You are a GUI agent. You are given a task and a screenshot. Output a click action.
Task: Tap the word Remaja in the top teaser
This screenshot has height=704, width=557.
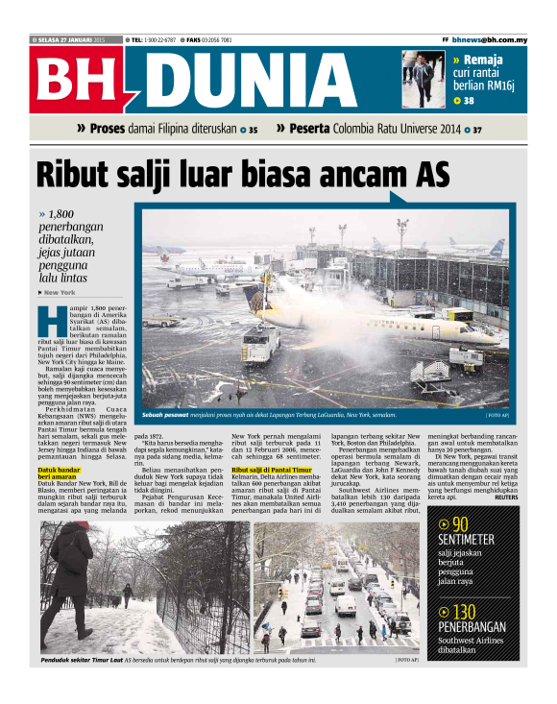click(489, 60)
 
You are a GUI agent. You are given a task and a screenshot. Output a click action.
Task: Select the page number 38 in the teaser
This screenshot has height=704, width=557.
click(469, 100)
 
